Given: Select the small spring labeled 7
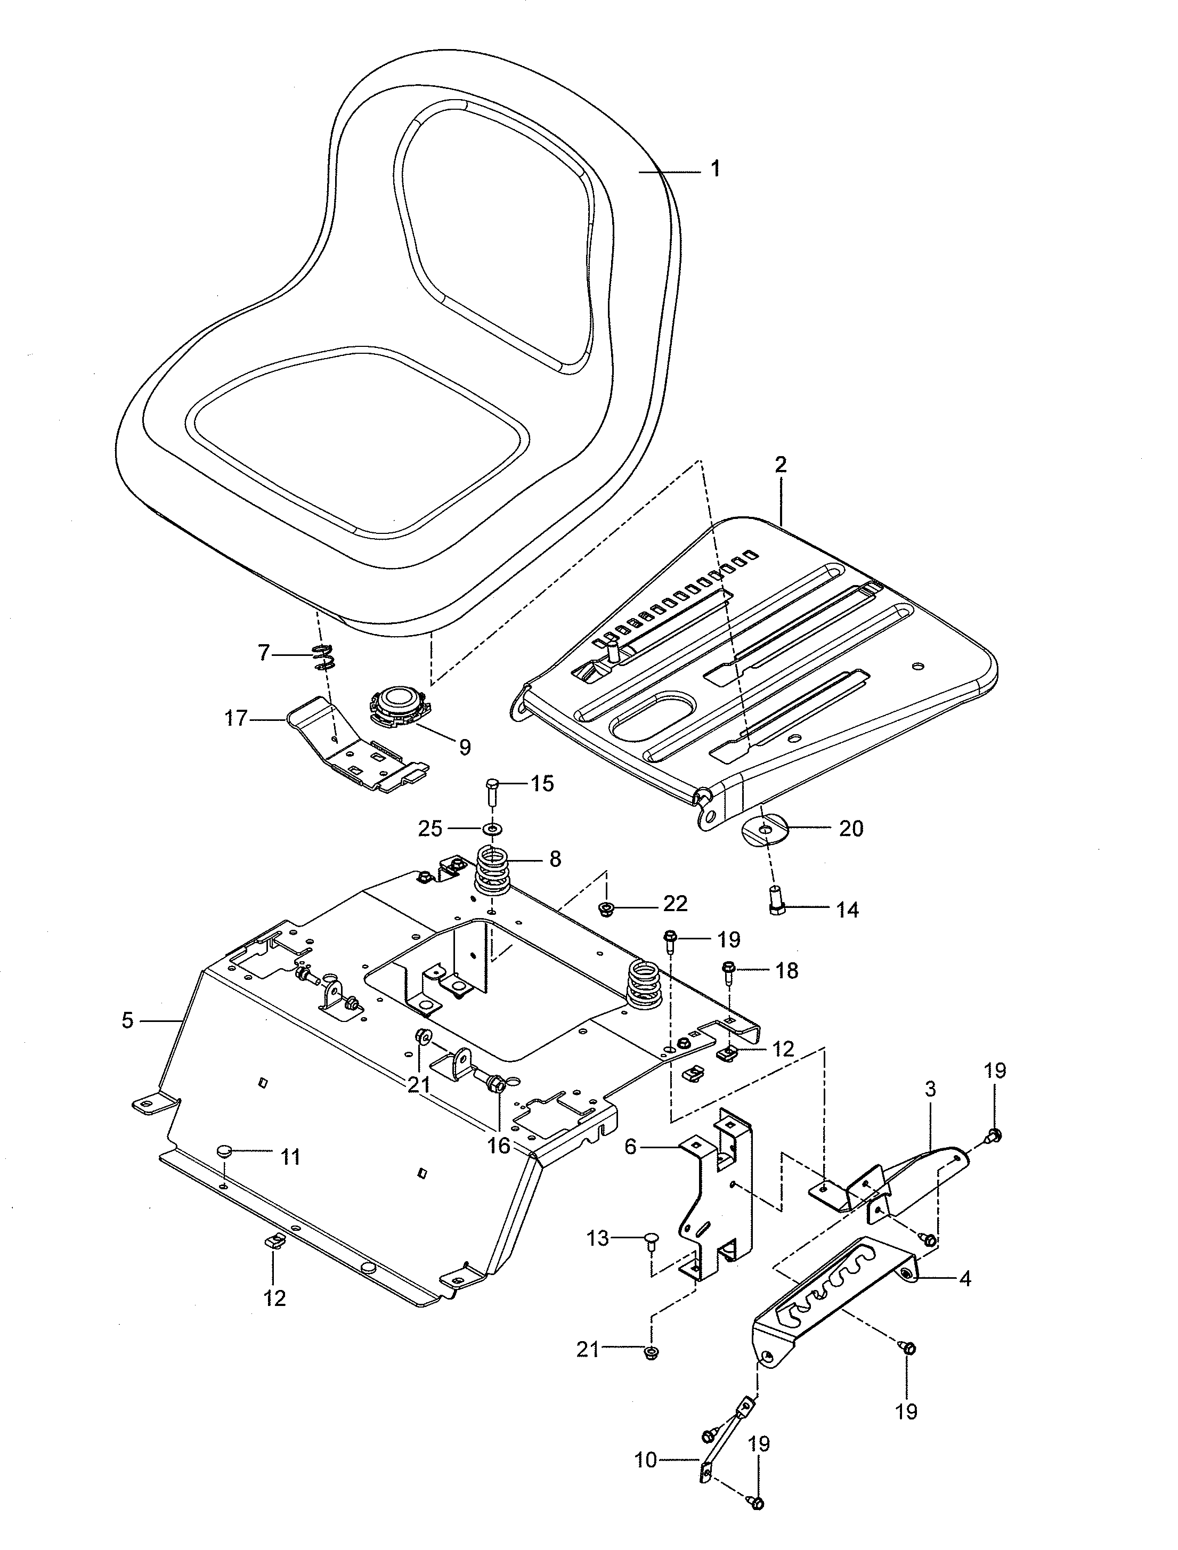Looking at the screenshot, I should click(x=324, y=655).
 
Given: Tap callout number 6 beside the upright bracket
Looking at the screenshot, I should click(x=630, y=1148).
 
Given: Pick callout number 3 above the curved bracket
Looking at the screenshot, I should click(x=930, y=1090).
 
